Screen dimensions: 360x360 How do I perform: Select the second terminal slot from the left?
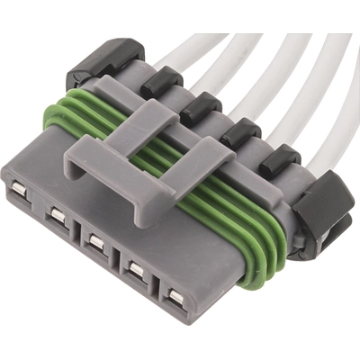point(58,215)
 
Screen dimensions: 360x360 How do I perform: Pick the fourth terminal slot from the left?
point(136,268)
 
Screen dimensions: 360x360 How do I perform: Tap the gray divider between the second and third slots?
point(77,232)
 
